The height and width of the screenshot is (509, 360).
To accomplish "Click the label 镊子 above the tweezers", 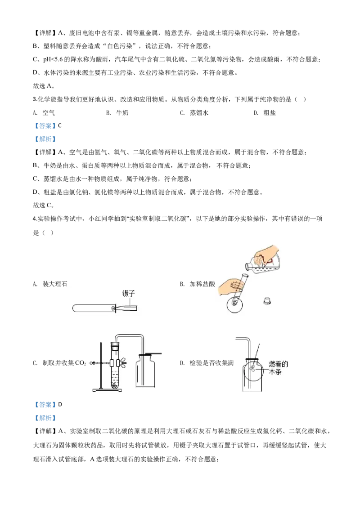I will pyautogui.click(x=129, y=293).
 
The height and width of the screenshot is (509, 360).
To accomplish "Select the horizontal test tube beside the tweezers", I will pyautogui.click(x=92, y=308).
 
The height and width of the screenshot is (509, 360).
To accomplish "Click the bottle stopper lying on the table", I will pyautogui.click(x=268, y=300).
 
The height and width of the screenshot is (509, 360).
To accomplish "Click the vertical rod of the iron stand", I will pyautogui.click(x=101, y=364).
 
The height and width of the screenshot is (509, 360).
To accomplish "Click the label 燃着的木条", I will pyautogui.click(x=278, y=368).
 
